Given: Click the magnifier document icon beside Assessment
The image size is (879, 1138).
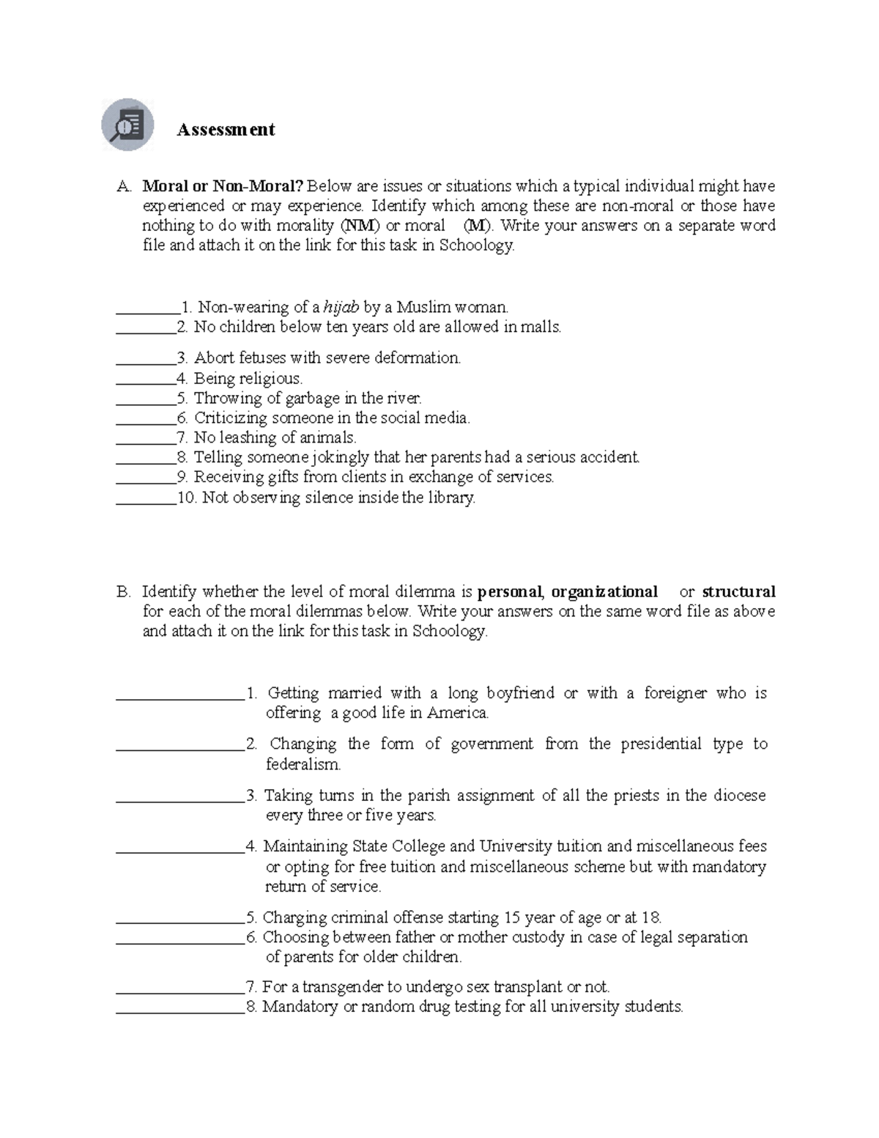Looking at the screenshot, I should (127, 125).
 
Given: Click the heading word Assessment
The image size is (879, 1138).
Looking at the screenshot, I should (226, 130).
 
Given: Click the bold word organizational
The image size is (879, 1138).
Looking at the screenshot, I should (604, 592).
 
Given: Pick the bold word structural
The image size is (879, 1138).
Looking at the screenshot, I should (738, 592).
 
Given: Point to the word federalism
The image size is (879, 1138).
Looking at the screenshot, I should (303, 765).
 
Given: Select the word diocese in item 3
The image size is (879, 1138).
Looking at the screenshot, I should (740, 796).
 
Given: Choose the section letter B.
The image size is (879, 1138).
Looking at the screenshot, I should (122, 592).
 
